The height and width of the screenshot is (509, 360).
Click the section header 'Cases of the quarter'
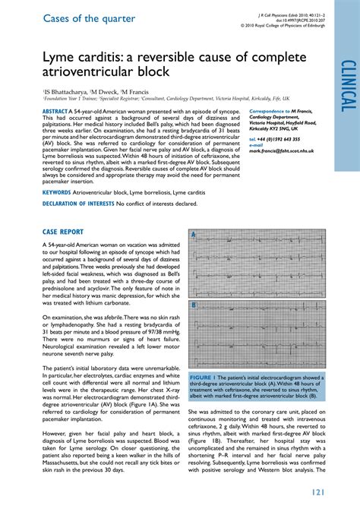coord(90,18)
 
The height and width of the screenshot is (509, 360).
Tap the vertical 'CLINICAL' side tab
coord(348,84)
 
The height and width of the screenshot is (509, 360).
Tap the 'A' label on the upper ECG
coord(194,235)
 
